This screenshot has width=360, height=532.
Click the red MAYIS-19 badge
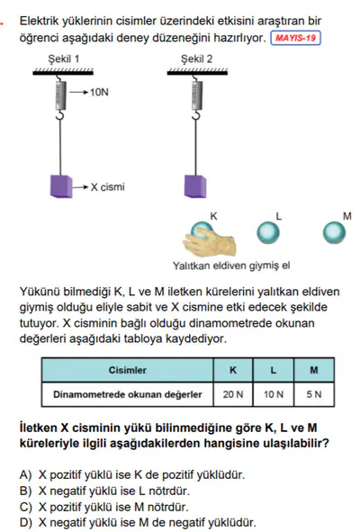coord(295,38)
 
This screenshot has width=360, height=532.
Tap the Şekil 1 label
coord(63,59)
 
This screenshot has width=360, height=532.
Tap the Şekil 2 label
coord(196,59)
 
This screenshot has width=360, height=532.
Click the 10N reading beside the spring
coord(99,93)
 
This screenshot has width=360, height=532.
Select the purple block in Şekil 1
coord(61,186)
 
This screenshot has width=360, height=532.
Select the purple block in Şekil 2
coord(195,186)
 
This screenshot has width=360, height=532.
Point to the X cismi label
coord(108,187)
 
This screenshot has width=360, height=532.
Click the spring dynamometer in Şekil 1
coord(61,95)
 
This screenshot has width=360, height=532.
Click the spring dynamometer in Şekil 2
coord(196,95)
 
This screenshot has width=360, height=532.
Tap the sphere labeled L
coord(268,233)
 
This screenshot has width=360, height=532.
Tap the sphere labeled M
coord(334,233)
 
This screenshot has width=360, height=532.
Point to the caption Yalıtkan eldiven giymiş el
coord(231,266)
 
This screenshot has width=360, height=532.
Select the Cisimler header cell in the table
coord(128,370)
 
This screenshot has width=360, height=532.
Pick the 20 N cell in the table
coord(233,394)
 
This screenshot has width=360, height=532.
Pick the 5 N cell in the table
coord(314,394)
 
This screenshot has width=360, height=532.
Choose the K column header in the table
coord(233,370)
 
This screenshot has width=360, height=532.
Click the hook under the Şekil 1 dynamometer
coord(60,115)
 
